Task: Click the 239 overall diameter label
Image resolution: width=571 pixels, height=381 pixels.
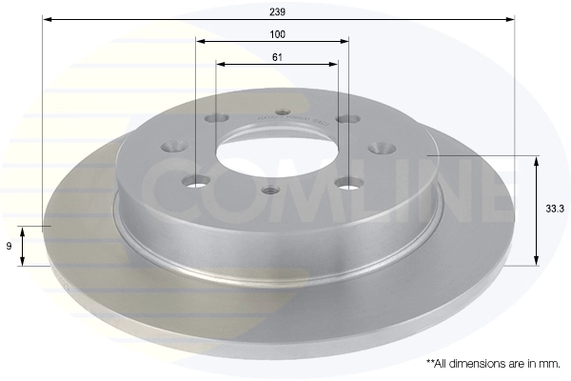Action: coord(277,12)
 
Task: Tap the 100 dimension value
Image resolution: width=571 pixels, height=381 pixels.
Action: coord(277,34)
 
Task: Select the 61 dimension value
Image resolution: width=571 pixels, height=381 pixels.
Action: coord(277,57)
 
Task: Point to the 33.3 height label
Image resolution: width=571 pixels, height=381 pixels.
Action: coord(555,209)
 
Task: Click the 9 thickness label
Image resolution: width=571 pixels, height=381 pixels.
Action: coord(10,246)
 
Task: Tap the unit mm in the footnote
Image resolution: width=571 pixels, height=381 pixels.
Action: coord(551,364)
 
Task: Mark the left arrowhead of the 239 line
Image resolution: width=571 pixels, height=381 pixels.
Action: coord(48,19)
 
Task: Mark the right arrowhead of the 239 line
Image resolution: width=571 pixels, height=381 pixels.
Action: coord(510,19)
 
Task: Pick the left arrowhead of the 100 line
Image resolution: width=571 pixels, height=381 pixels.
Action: coord(201,41)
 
